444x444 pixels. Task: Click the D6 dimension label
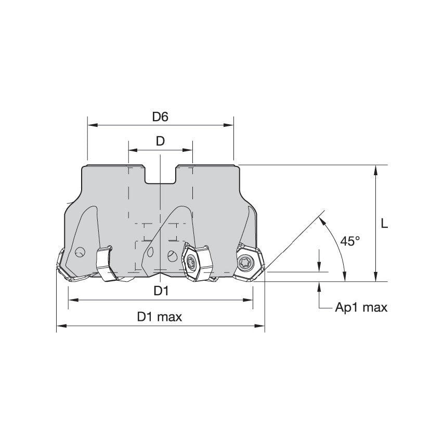160,117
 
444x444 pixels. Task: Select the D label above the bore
160,141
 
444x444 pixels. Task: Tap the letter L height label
384,224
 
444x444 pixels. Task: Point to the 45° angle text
350,241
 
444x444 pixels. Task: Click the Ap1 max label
361,307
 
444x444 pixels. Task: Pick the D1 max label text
160,317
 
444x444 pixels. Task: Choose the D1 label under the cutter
161,291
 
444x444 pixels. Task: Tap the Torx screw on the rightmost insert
246,263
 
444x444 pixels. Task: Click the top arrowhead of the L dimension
375,168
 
